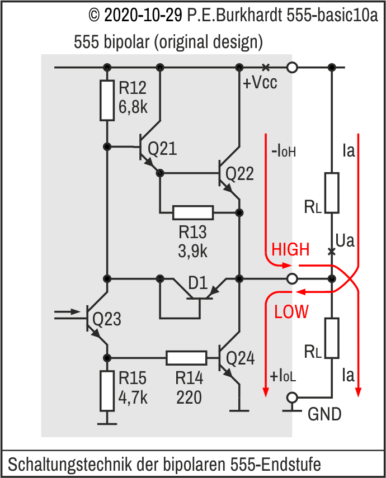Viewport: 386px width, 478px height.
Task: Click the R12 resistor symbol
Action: (107, 100)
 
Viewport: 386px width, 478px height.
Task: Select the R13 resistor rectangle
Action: (193, 212)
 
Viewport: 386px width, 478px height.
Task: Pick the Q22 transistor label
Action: (239, 174)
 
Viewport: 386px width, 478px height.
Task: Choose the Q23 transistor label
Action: (107, 319)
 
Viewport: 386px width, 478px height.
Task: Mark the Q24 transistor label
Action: (239, 358)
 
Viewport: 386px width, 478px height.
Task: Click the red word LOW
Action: (291, 312)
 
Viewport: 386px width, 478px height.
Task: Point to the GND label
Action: (324, 414)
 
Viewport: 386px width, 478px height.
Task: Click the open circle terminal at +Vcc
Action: (291, 68)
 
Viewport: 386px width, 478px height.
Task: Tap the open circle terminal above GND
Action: (291, 397)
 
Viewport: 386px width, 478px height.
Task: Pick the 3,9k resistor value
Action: (192, 251)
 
